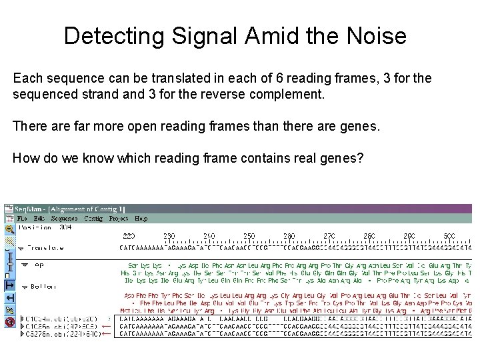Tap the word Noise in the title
tap(371, 35)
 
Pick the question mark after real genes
tap(360, 158)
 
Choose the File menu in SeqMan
tap(23, 218)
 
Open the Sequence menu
tap(65, 218)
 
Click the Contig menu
tap(93, 218)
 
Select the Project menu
tap(119, 218)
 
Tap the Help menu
tap(141, 218)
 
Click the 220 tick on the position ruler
tap(129, 235)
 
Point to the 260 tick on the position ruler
tap(289, 235)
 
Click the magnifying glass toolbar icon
tap(9, 229)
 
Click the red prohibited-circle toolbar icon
tap(9, 321)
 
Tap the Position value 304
tap(65, 227)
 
